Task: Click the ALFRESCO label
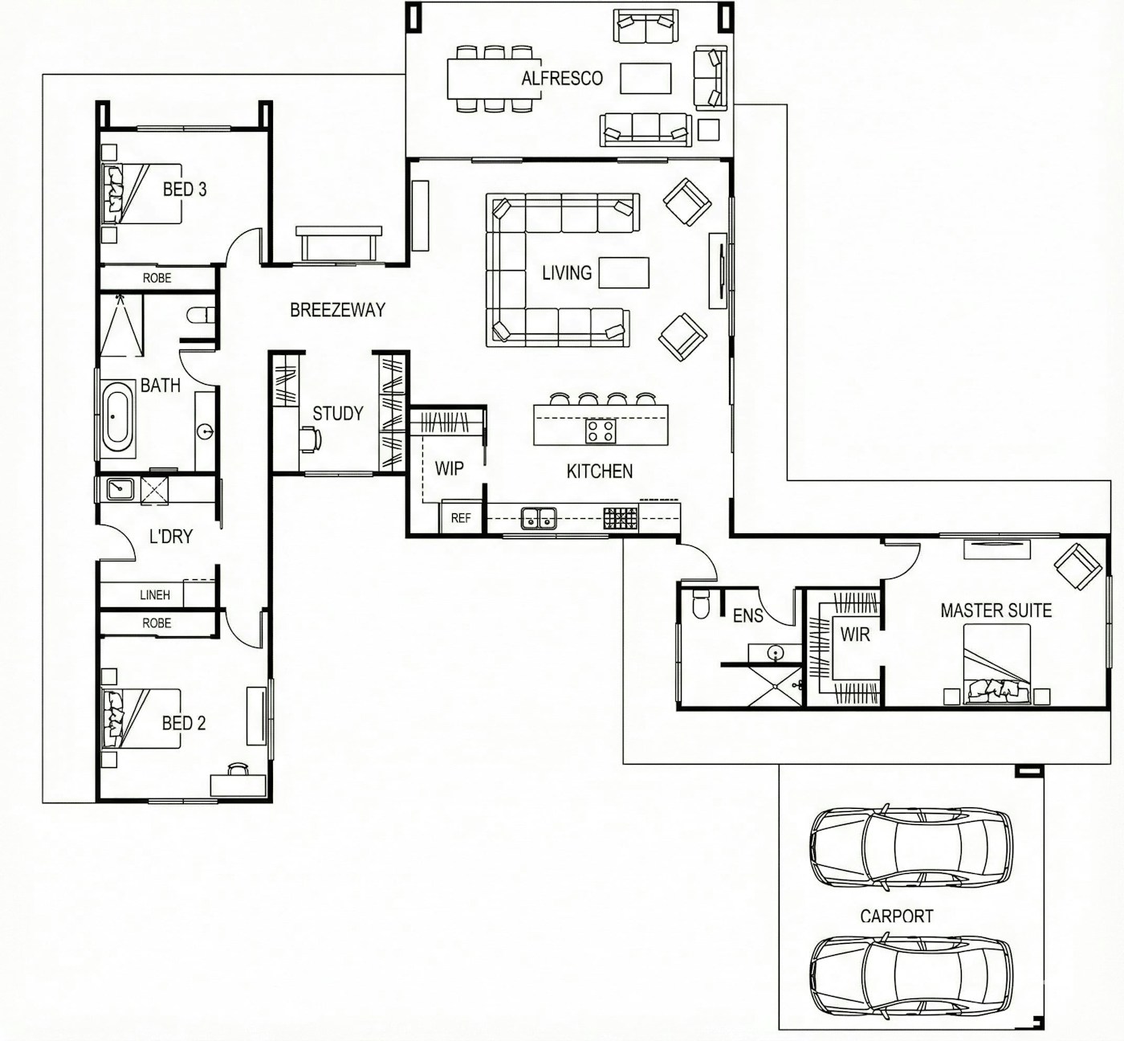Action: [x=561, y=78]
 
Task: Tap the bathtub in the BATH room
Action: [x=118, y=418]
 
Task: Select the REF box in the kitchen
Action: [x=461, y=518]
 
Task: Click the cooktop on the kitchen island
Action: [x=600, y=431]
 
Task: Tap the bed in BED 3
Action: [x=140, y=194]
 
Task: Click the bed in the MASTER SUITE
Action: [x=996, y=663]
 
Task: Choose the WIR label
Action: [x=854, y=635]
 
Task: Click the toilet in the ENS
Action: [x=700, y=605]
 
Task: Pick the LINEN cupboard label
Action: [x=155, y=595]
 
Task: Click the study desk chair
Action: [x=311, y=439]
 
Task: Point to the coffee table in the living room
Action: [x=624, y=272]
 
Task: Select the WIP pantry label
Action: [x=449, y=468]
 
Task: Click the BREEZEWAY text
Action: [x=337, y=310]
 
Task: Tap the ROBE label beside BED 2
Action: [x=157, y=623]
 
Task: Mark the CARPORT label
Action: [x=896, y=916]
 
